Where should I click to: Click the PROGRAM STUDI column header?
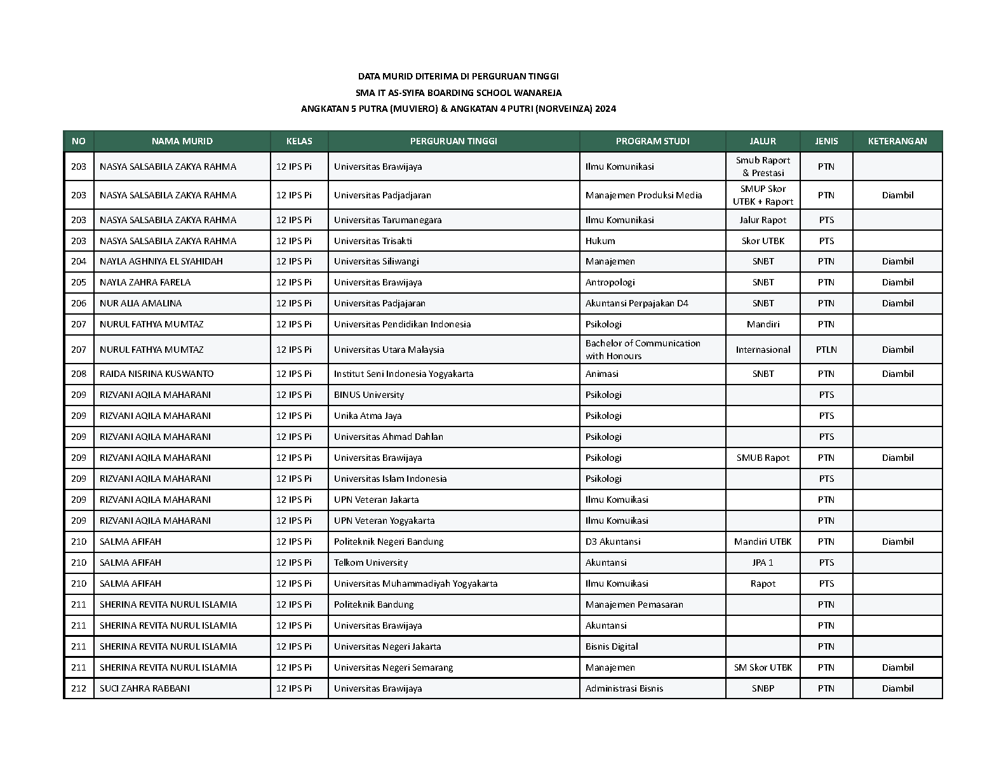[652, 141]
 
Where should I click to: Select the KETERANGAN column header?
[897, 141]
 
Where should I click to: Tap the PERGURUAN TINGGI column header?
[453, 141]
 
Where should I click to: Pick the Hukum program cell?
[600, 241]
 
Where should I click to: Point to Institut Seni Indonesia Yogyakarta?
[403, 374]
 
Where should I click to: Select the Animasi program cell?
[602, 374]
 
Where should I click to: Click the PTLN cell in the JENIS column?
[826, 350]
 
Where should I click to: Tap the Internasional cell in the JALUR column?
[763, 350]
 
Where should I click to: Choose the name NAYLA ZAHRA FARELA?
[145, 282]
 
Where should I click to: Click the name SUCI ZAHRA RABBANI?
[144, 688]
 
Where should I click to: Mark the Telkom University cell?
[371, 563]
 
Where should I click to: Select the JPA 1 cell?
[763, 563]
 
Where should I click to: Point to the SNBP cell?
[763, 688]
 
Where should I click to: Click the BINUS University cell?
[369, 395]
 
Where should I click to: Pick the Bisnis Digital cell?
[612, 646]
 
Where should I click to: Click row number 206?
[79, 303]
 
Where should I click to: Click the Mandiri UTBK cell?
[763, 542]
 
